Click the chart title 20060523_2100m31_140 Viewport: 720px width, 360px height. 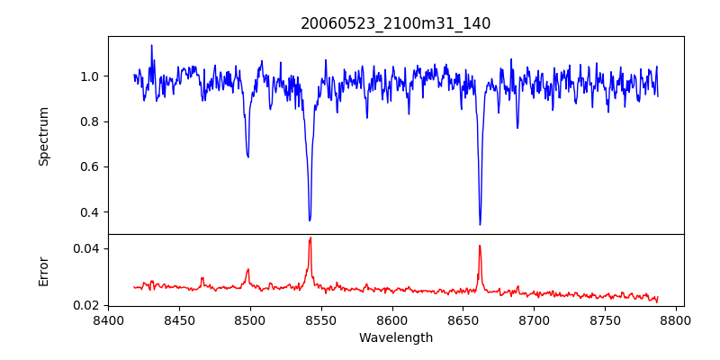click(396, 23)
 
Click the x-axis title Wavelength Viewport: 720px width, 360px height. click(396, 337)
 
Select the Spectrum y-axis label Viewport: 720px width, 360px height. click(44, 136)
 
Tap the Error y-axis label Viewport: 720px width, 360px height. click(44, 270)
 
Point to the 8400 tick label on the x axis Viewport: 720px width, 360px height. click(108, 319)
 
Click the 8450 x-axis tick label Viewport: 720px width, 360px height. click(179, 319)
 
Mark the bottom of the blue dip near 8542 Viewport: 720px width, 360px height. click(310, 220)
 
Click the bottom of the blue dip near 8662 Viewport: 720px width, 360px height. click(480, 224)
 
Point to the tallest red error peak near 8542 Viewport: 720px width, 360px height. click(310, 238)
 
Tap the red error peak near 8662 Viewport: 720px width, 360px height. click(480, 246)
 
